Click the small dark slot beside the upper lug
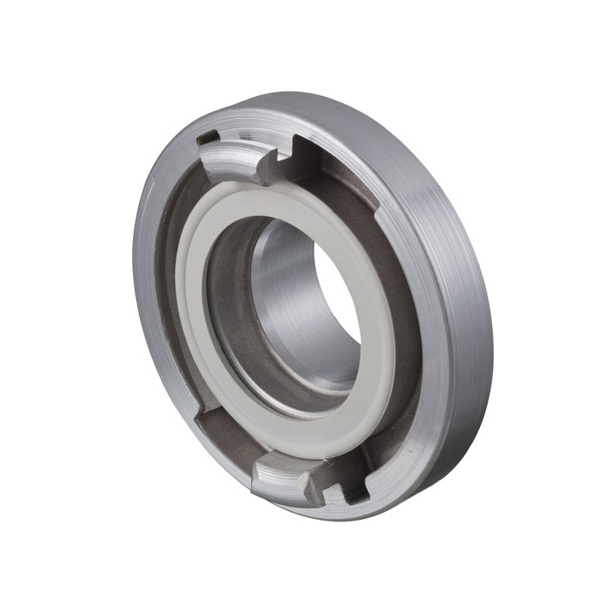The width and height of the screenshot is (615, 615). pyautogui.click(x=207, y=139)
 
